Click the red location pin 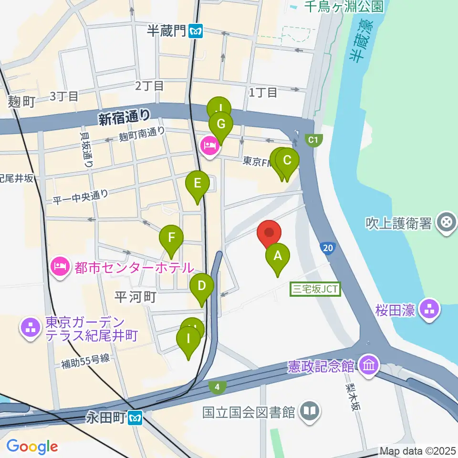click(269, 233)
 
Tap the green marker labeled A click(277, 257)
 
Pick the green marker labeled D click(202, 287)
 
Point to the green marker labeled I click(188, 340)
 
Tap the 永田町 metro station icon click(136, 418)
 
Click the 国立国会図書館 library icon click(310, 411)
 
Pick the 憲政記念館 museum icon click(369, 366)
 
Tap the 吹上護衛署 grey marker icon click(447, 222)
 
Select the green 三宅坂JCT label click(315, 289)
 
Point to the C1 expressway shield click(313, 140)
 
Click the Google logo click(32, 447)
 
